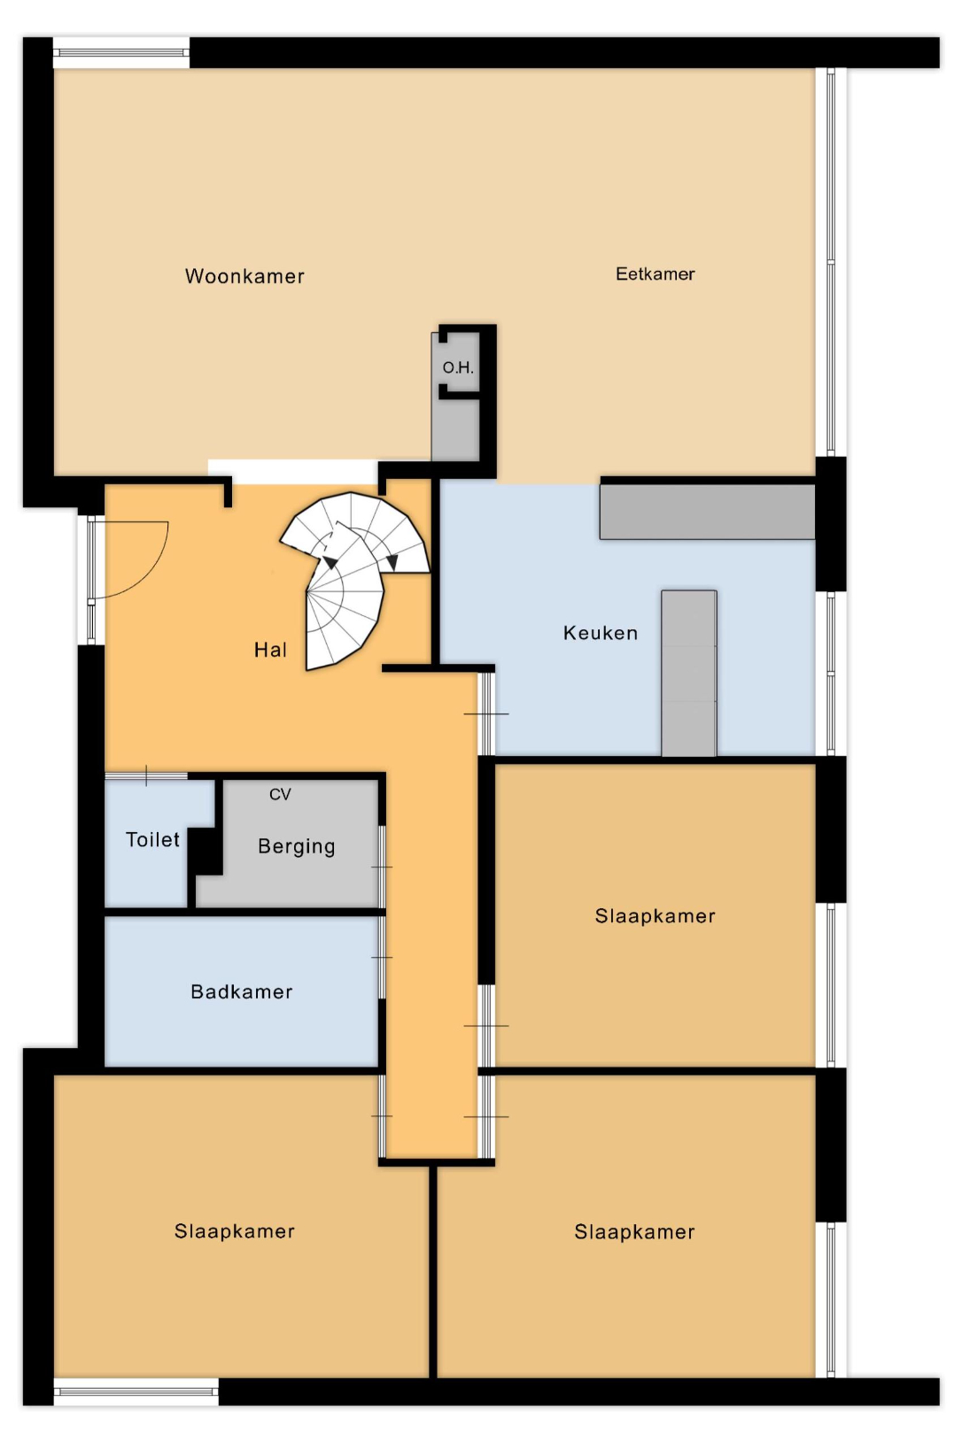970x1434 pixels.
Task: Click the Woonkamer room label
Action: pos(244,276)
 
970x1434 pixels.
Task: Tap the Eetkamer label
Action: pos(655,274)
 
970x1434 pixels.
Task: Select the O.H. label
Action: pos(457,367)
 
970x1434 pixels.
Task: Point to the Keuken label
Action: pos(601,633)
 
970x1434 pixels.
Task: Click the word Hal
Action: pos(269,650)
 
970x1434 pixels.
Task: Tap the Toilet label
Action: pos(152,839)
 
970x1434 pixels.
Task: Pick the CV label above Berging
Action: pos(280,795)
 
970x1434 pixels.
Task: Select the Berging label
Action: pos(296,847)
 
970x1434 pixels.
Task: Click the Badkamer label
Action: pos(242,991)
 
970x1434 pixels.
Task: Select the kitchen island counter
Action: pos(688,674)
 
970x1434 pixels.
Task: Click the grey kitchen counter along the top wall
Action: pos(707,512)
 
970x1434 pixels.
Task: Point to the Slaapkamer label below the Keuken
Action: pos(655,916)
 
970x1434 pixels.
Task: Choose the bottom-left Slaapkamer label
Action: pos(235,1231)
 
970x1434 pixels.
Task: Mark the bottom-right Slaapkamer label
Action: pos(634,1231)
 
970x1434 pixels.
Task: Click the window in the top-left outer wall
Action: pos(121,52)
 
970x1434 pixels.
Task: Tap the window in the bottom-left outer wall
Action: pos(136,1392)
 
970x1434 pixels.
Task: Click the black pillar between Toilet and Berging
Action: pos(205,851)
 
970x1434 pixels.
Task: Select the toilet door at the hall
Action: pos(146,776)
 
